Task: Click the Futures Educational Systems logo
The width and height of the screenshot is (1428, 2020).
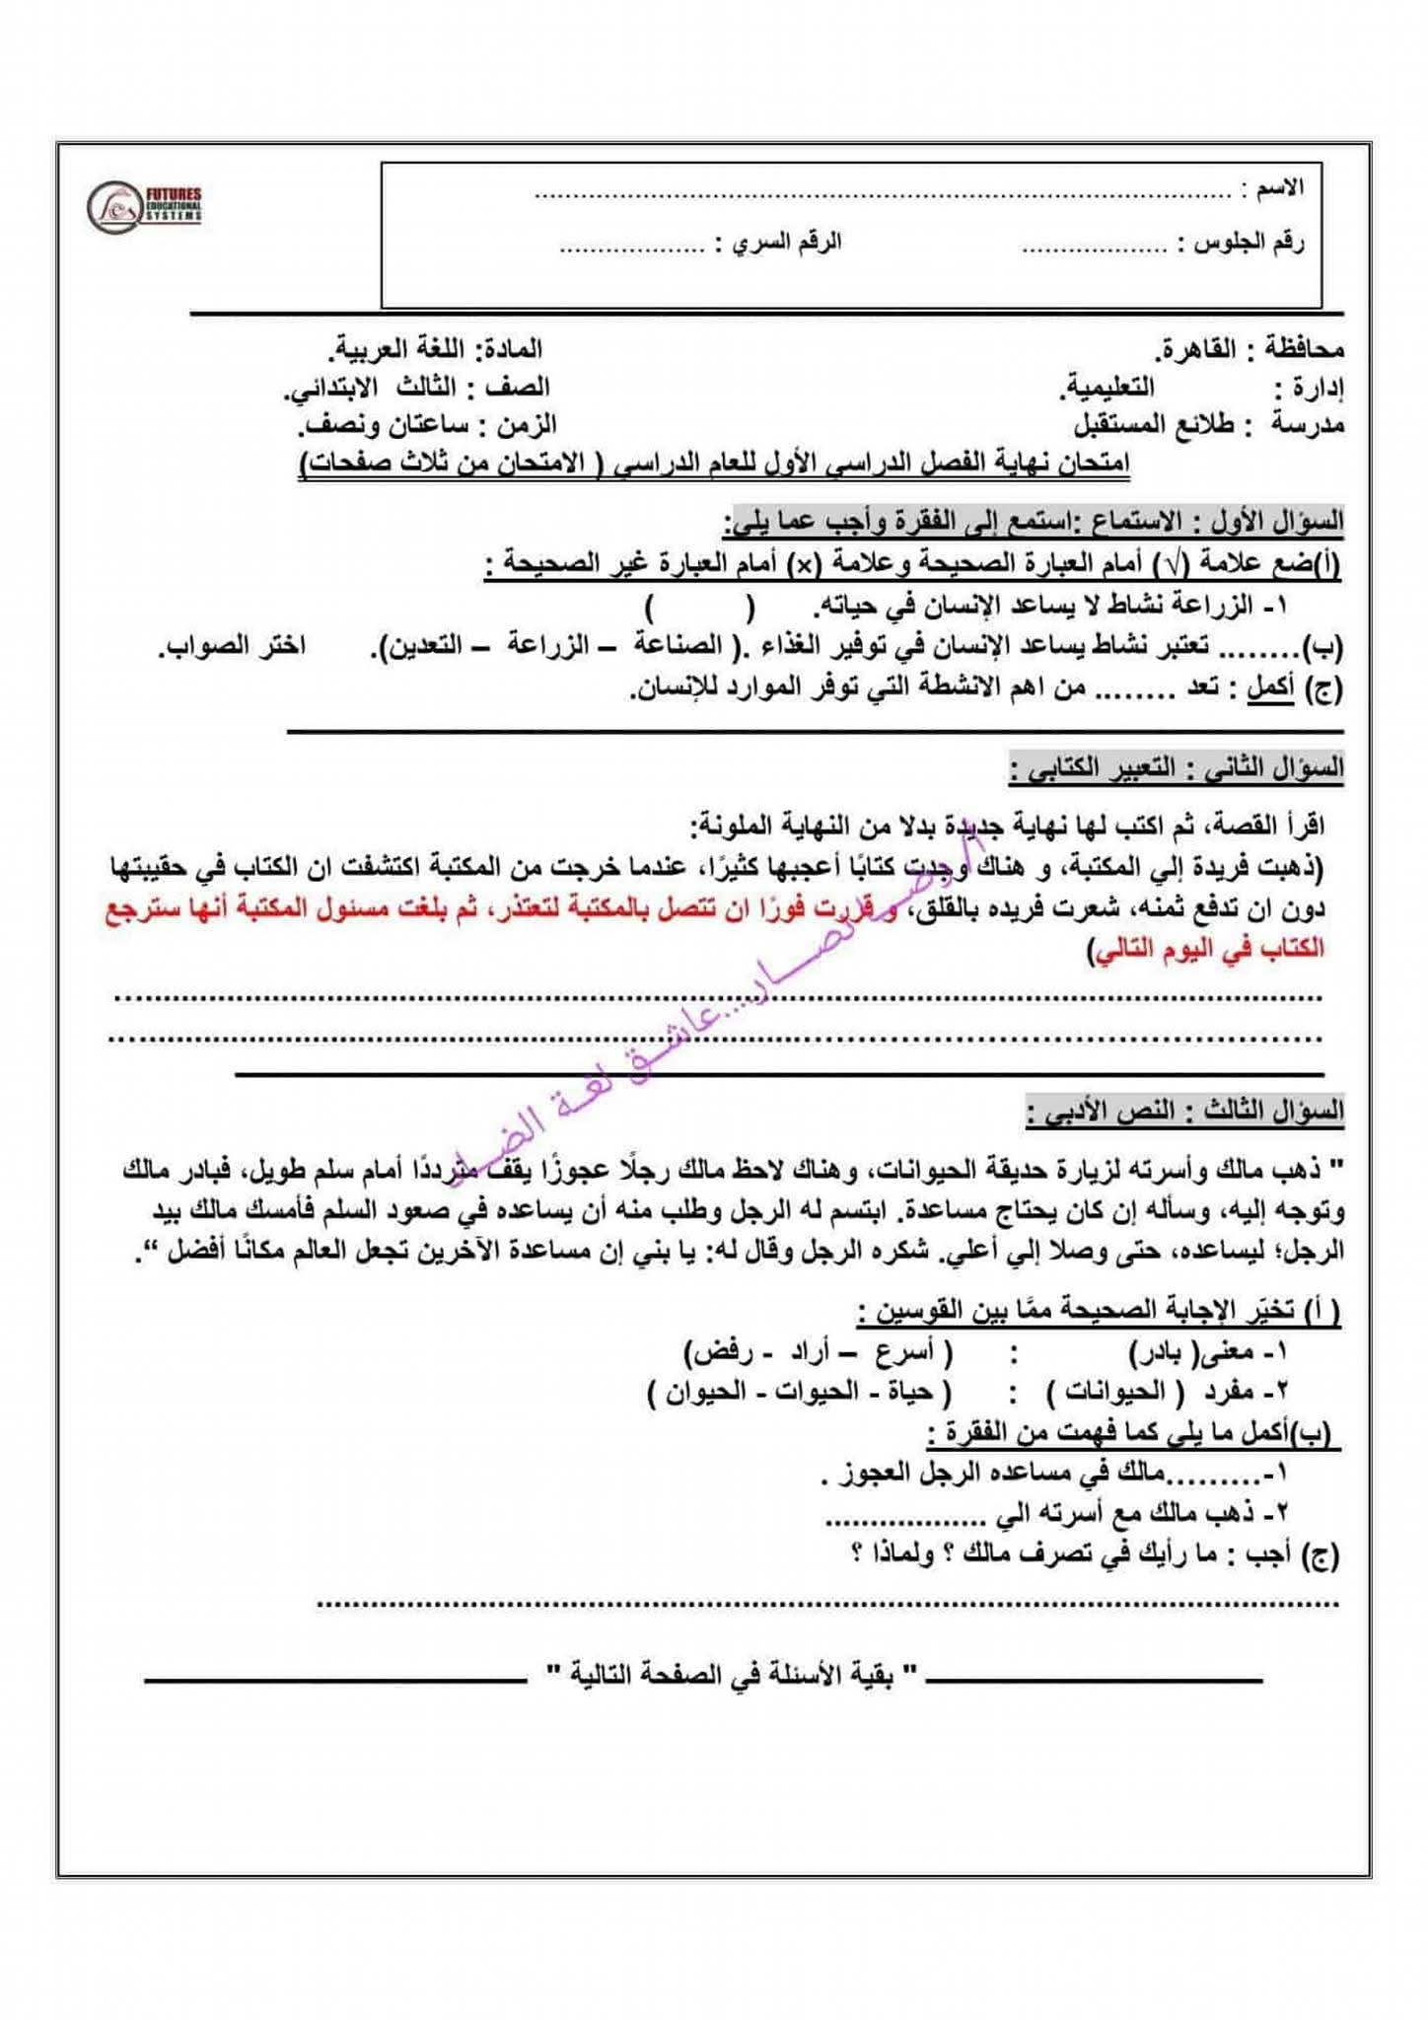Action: click(x=144, y=207)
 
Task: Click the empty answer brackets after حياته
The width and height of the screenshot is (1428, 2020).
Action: click(x=700, y=605)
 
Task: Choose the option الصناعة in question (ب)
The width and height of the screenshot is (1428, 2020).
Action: click(x=679, y=645)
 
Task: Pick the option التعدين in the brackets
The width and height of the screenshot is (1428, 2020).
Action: click(x=425, y=645)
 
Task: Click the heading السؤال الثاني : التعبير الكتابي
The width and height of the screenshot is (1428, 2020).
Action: click(x=1177, y=766)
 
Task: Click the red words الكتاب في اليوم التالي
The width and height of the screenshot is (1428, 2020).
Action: click(x=1208, y=948)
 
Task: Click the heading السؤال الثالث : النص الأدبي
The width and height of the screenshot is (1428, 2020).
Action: click(x=1184, y=1111)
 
